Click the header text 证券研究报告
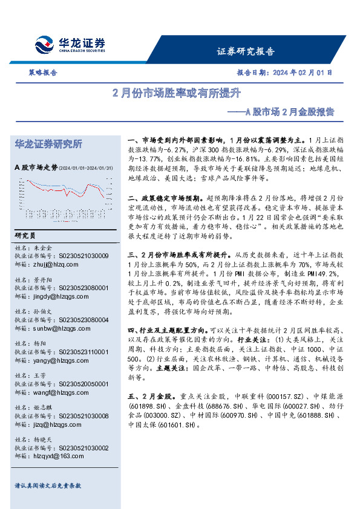tap(245, 51)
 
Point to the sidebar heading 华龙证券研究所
tap(48, 144)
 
